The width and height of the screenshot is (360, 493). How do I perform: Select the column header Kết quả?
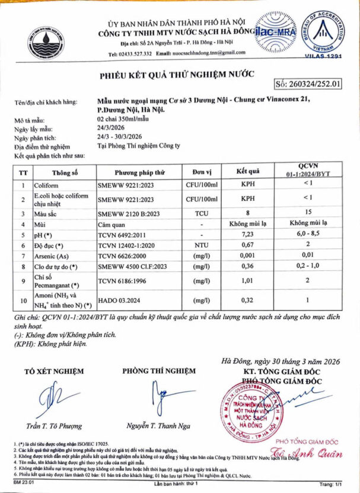(x=246, y=172)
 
